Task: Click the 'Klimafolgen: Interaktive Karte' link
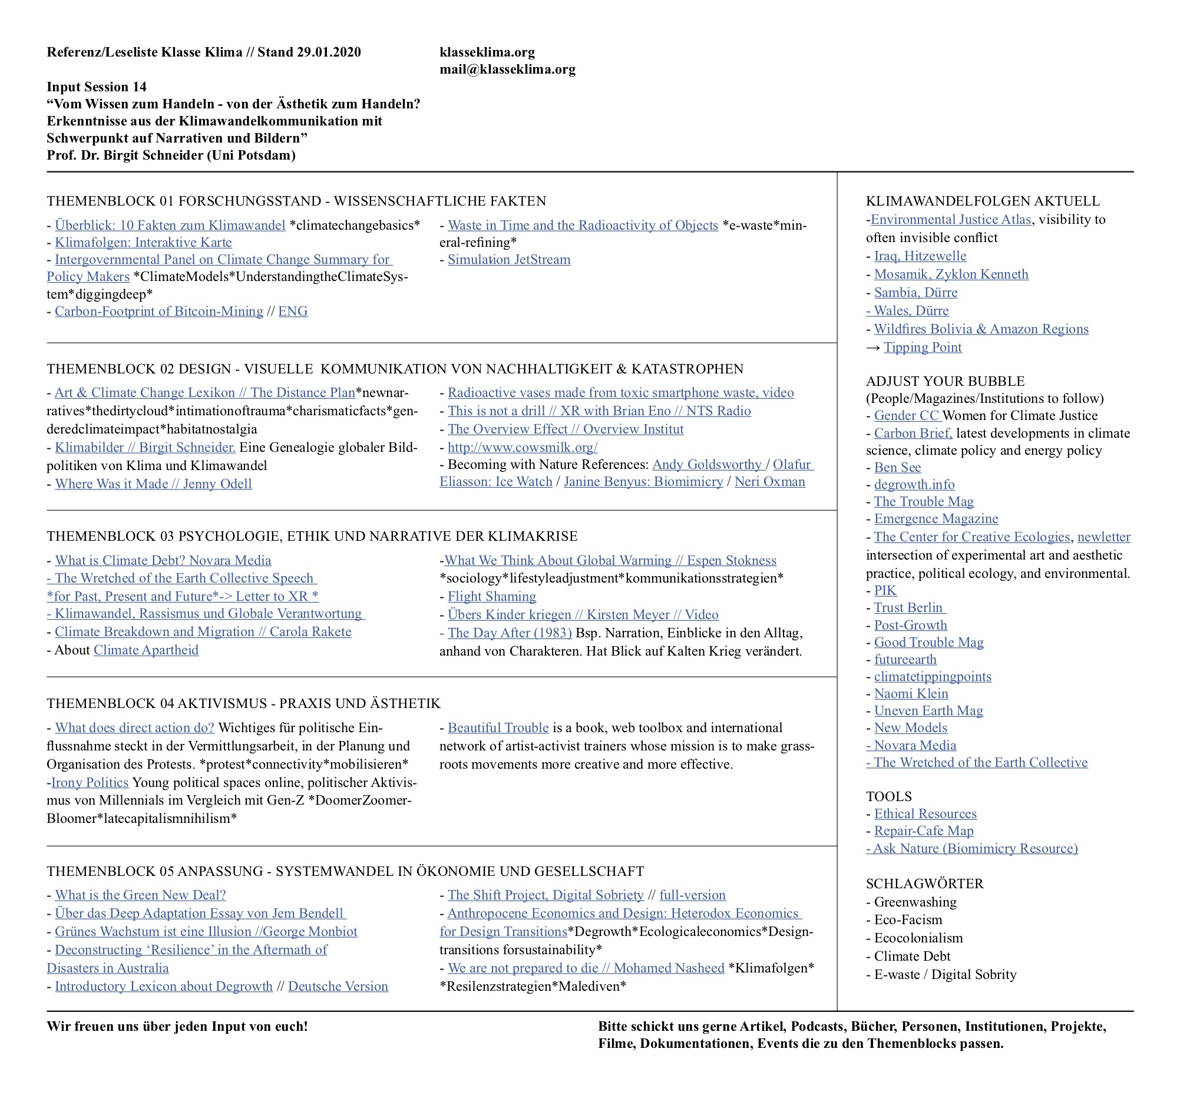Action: tap(143, 242)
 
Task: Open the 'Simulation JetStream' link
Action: tap(508, 260)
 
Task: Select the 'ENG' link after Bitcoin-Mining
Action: tap(293, 312)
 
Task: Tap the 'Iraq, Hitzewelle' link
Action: tap(920, 256)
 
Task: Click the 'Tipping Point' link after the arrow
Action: tap(922, 347)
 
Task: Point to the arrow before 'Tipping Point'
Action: tap(873, 348)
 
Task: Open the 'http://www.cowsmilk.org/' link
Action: tap(522, 447)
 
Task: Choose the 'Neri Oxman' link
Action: tap(769, 482)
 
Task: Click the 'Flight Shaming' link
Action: tap(491, 597)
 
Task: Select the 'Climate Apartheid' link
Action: tap(146, 650)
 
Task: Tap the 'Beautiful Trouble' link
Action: tap(498, 727)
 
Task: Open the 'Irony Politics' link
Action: tap(90, 782)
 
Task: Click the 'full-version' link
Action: tap(692, 895)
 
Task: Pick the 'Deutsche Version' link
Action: tap(338, 986)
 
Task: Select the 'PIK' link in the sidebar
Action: tap(885, 590)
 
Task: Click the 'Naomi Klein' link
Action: tap(911, 693)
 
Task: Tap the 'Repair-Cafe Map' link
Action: tap(923, 831)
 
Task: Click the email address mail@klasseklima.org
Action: tap(507, 70)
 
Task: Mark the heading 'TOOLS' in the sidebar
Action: tap(888, 796)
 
